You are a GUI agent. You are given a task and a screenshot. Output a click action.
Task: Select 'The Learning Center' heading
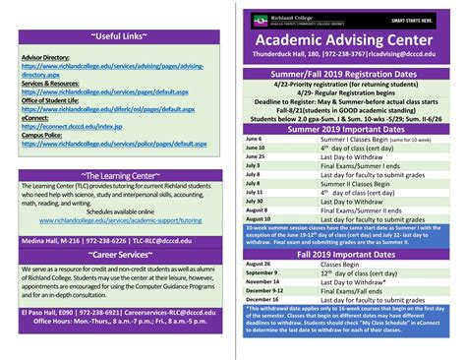tap(118, 176)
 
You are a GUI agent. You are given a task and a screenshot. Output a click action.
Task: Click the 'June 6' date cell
tap(254, 139)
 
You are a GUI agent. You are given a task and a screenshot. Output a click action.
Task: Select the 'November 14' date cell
tap(262, 282)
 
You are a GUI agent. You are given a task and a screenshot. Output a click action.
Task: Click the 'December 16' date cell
tap(262, 300)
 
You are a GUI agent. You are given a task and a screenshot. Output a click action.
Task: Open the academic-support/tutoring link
tap(118, 221)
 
